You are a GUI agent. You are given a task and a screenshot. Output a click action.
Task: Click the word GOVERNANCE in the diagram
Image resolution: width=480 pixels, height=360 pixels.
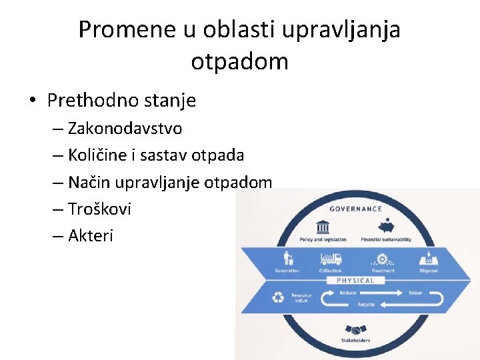355,209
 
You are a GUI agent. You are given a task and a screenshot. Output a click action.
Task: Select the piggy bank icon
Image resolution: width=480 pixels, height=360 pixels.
386,226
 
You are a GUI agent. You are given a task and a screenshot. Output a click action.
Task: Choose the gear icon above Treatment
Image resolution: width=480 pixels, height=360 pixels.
383,259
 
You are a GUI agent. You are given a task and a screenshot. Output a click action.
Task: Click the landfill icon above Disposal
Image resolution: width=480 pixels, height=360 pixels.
429,259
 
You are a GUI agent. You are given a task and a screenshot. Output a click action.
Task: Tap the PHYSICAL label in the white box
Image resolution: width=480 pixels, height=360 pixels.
355,281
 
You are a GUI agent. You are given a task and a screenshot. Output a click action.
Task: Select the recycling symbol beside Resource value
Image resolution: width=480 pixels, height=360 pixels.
278,297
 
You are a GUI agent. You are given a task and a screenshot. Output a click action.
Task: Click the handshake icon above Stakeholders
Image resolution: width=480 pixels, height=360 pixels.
355,330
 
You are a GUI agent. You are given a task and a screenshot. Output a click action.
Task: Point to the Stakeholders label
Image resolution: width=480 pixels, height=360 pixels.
355,341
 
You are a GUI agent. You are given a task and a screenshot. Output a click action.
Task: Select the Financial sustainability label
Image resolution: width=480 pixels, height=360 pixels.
386,239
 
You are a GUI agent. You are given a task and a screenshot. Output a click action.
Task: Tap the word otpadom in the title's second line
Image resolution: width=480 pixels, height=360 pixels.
239,61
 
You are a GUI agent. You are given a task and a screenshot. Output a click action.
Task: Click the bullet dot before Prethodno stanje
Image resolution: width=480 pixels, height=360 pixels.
32,101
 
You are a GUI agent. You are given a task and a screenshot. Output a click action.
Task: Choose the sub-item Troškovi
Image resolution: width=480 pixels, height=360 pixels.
99,209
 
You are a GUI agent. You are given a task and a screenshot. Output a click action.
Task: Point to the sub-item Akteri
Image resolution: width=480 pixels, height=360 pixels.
91,235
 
